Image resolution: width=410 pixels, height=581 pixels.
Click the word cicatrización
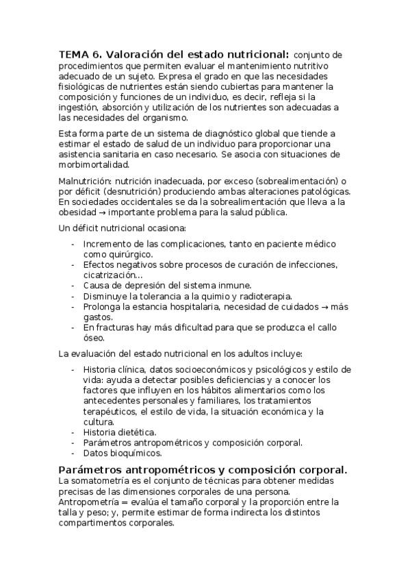tap(110, 275)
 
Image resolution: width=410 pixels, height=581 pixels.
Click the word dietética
tap(138, 432)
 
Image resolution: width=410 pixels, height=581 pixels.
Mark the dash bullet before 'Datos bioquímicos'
tap(73, 454)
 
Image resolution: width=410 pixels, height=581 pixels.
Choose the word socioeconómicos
tap(196, 369)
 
